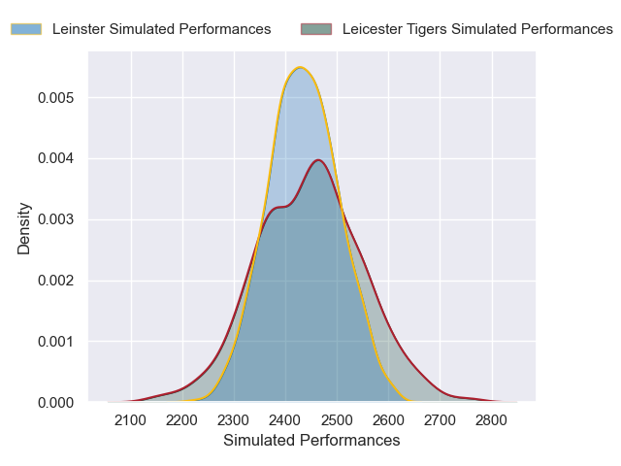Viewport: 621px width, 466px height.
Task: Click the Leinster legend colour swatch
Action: [x=26, y=29]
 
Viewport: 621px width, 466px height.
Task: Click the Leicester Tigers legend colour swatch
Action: [x=316, y=29]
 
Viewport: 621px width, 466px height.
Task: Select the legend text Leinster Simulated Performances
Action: [x=161, y=29]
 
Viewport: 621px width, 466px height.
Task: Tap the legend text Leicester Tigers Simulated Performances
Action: [x=477, y=29]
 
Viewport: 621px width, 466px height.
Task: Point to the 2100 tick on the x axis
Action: [x=131, y=420]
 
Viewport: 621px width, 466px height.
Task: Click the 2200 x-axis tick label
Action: [x=182, y=420]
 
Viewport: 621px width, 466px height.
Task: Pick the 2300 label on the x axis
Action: [x=234, y=420]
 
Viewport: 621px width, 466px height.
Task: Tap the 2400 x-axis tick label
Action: [x=285, y=420]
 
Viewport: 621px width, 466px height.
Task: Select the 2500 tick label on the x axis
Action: [x=338, y=420]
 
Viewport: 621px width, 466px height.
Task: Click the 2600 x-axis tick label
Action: [x=389, y=420]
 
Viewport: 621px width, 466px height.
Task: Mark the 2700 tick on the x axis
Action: [x=441, y=420]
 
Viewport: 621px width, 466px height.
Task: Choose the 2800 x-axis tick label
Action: [x=492, y=420]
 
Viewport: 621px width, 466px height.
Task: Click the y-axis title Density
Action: [x=24, y=227]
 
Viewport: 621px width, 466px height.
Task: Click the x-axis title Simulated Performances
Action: [x=311, y=440]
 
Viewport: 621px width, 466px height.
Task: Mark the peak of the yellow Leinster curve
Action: [x=301, y=67]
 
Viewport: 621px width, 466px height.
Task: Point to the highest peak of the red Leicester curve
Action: [x=318, y=160]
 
